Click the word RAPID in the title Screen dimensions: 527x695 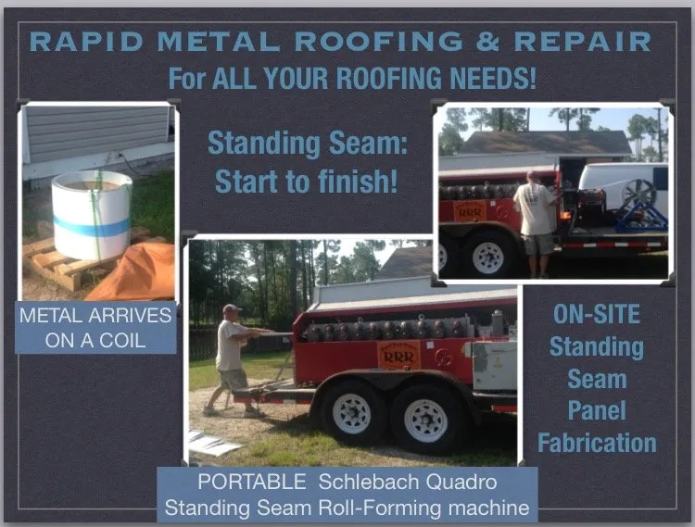point(81,42)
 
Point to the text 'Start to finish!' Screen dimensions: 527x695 point(307,180)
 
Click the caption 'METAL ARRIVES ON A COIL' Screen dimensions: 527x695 point(95,328)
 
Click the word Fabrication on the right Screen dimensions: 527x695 point(597,443)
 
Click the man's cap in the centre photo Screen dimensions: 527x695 point(232,309)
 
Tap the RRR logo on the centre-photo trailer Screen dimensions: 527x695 point(399,357)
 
